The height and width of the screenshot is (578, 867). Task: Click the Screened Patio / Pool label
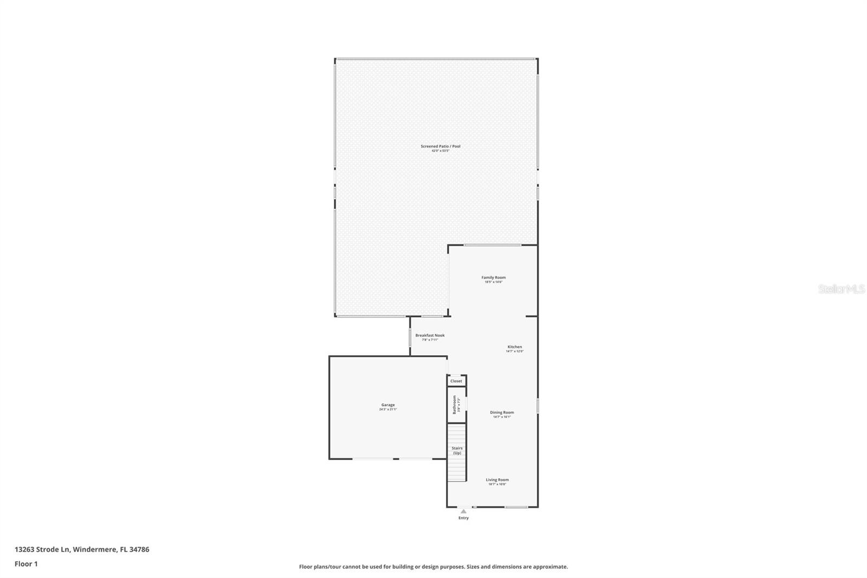(440, 146)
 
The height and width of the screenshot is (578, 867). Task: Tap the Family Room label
(493, 278)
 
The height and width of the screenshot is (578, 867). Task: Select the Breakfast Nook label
(430, 335)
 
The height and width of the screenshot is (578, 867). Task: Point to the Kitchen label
(514, 346)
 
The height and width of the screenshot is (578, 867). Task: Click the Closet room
(456, 381)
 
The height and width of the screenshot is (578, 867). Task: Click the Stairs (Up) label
(457, 451)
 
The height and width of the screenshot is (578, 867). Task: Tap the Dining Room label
(502, 412)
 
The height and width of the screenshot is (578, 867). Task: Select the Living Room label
(497, 479)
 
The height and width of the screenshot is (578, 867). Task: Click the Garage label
(387, 404)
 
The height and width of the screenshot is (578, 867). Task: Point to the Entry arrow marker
(463, 511)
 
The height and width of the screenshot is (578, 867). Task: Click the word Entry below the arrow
(463, 518)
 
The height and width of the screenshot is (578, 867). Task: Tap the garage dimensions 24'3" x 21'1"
(388, 409)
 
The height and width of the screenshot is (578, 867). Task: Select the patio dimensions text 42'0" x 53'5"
(440, 151)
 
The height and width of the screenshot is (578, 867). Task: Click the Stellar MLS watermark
(841, 290)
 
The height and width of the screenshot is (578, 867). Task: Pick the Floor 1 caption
(26, 564)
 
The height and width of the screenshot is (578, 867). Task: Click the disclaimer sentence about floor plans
(433, 567)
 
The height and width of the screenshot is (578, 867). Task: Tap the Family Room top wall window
(493, 245)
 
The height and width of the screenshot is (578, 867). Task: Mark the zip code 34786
(139, 549)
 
